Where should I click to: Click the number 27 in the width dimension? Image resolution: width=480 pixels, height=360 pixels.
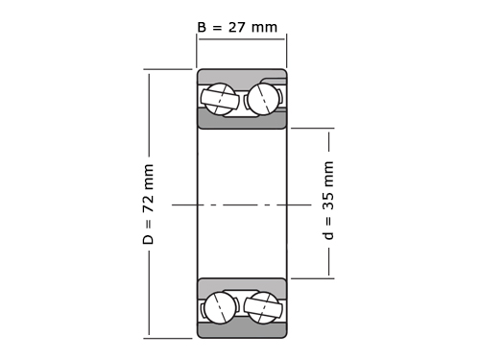236,27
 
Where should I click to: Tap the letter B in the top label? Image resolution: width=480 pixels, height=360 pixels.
202,27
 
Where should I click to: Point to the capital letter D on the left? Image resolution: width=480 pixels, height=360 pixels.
148,239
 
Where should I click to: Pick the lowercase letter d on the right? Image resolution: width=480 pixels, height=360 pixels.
328,235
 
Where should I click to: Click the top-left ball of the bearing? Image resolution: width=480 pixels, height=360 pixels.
220,99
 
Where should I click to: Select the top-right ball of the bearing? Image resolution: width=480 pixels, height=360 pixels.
264,99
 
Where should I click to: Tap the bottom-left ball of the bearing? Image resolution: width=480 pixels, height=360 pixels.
221,307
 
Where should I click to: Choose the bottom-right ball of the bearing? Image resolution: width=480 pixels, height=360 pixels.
263,307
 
